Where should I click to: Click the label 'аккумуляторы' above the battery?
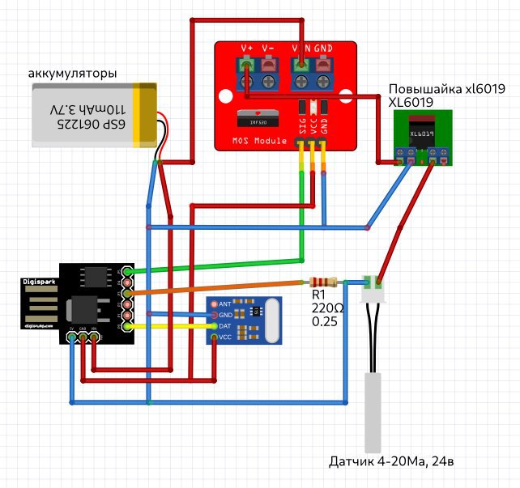click(x=73, y=74)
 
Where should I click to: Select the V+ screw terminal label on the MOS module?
click(x=247, y=48)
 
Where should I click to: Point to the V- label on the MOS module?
click(x=269, y=48)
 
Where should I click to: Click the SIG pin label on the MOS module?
click(x=300, y=125)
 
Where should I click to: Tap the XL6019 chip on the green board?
click(x=421, y=134)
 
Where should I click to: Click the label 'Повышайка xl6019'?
click(x=447, y=89)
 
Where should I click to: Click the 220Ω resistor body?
click(x=322, y=282)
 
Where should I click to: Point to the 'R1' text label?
click(x=318, y=295)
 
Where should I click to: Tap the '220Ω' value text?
click(x=326, y=308)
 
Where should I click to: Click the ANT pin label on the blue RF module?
click(x=225, y=304)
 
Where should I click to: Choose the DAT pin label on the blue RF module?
click(x=225, y=326)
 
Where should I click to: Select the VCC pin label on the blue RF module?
click(x=225, y=337)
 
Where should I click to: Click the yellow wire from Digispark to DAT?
click(x=170, y=326)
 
